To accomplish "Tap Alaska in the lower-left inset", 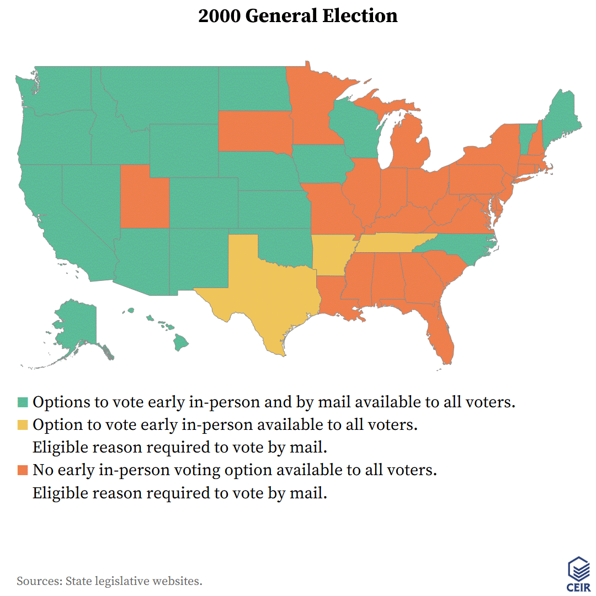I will tap(77, 328).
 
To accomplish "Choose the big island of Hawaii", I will tap(181, 343).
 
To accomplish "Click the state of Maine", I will tap(560, 119).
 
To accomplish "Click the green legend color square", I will tap(22, 402).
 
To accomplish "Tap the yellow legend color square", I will tap(22, 425).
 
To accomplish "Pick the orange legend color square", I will tap(22, 470).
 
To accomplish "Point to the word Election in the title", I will tap(362, 16).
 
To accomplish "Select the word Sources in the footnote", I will tap(38, 581).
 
